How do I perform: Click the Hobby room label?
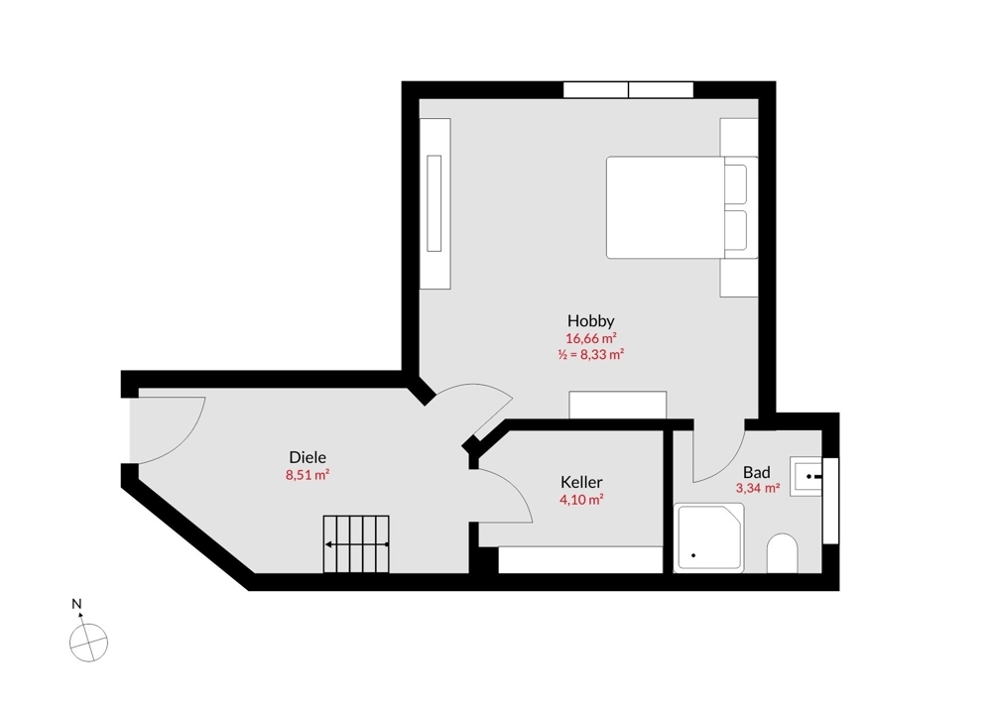point(591,320)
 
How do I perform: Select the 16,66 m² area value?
point(591,338)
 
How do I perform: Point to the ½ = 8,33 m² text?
point(591,354)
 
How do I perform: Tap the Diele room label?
point(308,457)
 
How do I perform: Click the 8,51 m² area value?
point(308,475)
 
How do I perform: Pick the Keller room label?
point(581,482)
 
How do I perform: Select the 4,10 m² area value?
point(581,500)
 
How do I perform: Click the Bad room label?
point(757,472)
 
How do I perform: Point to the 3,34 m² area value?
point(757,488)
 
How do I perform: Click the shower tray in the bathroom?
point(708,536)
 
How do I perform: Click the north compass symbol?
point(88,642)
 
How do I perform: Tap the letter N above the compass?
point(76,603)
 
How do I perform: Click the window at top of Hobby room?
point(628,90)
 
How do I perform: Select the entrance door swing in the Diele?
point(169,426)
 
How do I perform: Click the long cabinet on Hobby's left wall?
point(434,203)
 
